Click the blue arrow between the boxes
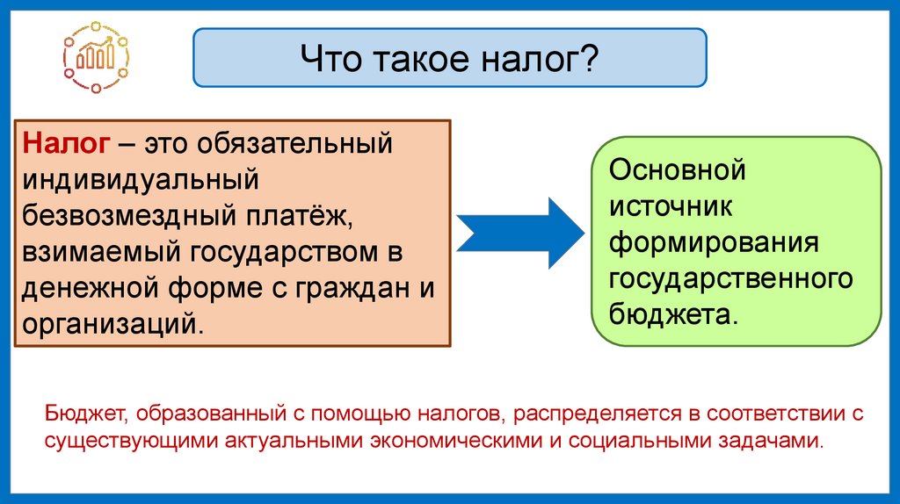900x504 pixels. coord(519,232)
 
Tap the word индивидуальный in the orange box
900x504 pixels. coord(141,179)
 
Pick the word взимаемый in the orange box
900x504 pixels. coord(98,252)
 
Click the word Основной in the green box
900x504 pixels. coord(677,169)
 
